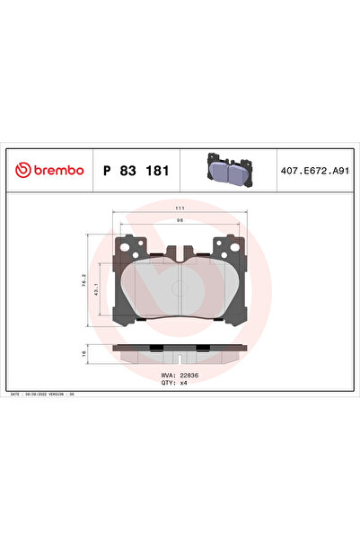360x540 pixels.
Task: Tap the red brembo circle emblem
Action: [23, 170]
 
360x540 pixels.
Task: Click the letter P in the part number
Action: [108, 170]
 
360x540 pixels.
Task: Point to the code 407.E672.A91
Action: [315, 170]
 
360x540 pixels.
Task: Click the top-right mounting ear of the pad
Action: [228, 244]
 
